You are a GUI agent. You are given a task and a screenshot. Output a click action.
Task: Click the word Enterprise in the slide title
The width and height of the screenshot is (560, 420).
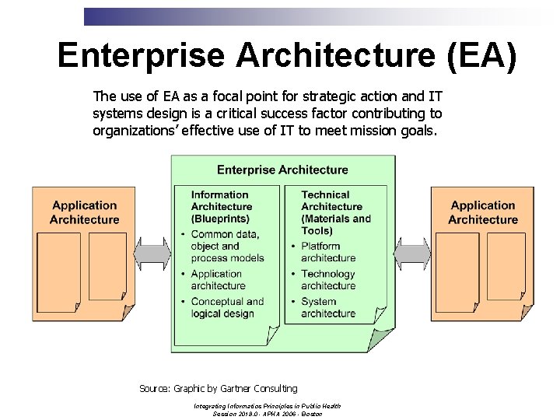pyautogui.click(x=139, y=55)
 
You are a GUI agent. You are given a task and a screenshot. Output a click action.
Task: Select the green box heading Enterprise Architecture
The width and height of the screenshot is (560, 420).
pyautogui.click(x=282, y=170)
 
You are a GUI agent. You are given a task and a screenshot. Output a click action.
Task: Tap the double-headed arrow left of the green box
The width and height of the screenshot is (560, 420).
pyautogui.click(x=153, y=253)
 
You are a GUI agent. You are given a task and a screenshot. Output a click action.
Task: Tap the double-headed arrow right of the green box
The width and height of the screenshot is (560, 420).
pyautogui.click(x=413, y=253)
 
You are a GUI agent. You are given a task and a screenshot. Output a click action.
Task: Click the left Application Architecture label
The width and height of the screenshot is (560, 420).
pyautogui.click(x=84, y=212)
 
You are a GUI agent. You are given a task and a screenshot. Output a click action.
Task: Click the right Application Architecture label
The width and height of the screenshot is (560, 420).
pyautogui.click(x=483, y=212)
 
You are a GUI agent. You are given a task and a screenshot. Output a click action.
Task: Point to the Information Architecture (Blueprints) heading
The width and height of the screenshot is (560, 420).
pyautogui.click(x=222, y=206)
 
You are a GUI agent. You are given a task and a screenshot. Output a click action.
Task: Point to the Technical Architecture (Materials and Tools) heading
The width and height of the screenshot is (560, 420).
pyautogui.click(x=335, y=212)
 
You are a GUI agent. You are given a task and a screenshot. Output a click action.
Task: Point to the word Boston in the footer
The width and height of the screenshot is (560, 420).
pyautogui.click(x=312, y=414)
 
